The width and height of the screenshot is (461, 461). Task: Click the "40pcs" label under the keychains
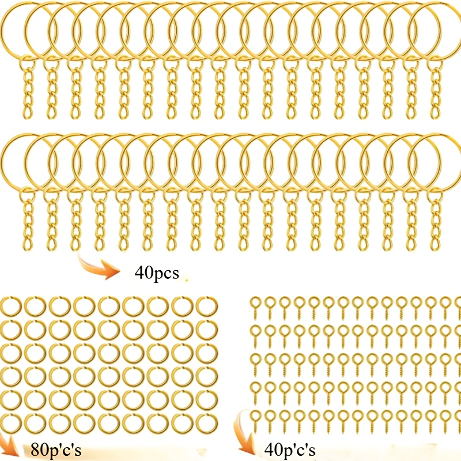tap(157, 273)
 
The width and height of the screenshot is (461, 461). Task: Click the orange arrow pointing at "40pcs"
tap(99, 266)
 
